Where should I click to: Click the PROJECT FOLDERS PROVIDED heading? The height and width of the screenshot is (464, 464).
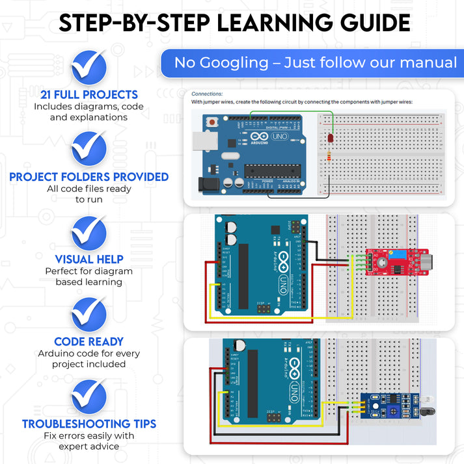click(x=89, y=177)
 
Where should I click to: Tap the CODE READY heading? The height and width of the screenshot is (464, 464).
click(x=89, y=342)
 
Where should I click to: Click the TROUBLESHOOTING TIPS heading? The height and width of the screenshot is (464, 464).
click(x=89, y=424)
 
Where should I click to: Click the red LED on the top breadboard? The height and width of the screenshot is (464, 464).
click(x=330, y=139)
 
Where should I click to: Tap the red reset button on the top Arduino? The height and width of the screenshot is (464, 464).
click(x=212, y=122)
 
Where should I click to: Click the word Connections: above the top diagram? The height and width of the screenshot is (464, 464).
click(x=207, y=94)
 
